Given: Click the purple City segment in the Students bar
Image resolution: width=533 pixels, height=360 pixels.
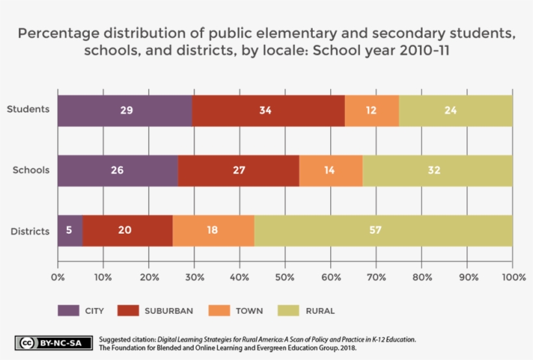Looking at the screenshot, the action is pyautogui.click(x=125, y=111).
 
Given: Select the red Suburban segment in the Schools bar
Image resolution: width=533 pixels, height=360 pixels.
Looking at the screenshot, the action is pyautogui.click(x=239, y=171).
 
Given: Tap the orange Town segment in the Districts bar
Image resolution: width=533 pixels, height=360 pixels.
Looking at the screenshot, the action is pyautogui.click(x=213, y=231).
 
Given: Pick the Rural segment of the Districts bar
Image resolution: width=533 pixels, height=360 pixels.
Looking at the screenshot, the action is pyautogui.click(x=383, y=231).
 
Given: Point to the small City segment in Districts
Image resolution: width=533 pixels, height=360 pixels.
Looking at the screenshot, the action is pyautogui.click(x=70, y=231).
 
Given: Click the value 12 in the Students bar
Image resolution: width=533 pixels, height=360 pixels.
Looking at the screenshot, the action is pyautogui.click(x=371, y=110).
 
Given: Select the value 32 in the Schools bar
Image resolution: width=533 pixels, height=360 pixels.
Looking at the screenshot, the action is pyautogui.click(x=434, y=170).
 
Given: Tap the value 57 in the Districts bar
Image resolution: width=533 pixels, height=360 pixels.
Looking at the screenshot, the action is pyautogui.click(x=375, y=230).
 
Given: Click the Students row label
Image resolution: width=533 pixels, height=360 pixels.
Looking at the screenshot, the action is pyautogui.click(x=28, y=109).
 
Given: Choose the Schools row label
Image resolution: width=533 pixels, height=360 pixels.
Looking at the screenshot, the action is pyautogui.click(x=31, y=170).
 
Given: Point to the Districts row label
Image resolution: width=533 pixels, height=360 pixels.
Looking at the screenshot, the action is pyautogui.click(x=30, y=231).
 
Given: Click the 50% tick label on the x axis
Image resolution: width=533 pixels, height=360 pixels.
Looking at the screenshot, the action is pyautogui.click(x=285, y=277).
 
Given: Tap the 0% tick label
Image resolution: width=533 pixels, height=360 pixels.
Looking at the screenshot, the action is pyautogui.click(x=58, y=277).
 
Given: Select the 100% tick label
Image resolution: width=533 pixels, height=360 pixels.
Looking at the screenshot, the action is pyautogui.click(x=514, y=277).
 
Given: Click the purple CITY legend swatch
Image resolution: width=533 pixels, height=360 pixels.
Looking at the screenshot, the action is pyautogui.click(x=68, y=311).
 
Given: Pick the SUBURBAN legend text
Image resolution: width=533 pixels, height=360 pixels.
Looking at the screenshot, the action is pyautogui.click(x=169, y=311).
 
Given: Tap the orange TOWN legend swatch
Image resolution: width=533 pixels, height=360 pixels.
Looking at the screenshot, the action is pyautogui.click(x=219, y=311).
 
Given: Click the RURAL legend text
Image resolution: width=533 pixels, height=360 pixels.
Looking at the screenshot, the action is pyautogui.click(x=320, y=311).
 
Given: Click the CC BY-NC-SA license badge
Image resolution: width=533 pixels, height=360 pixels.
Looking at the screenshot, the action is pyautogui.click(x=54, y=343).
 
